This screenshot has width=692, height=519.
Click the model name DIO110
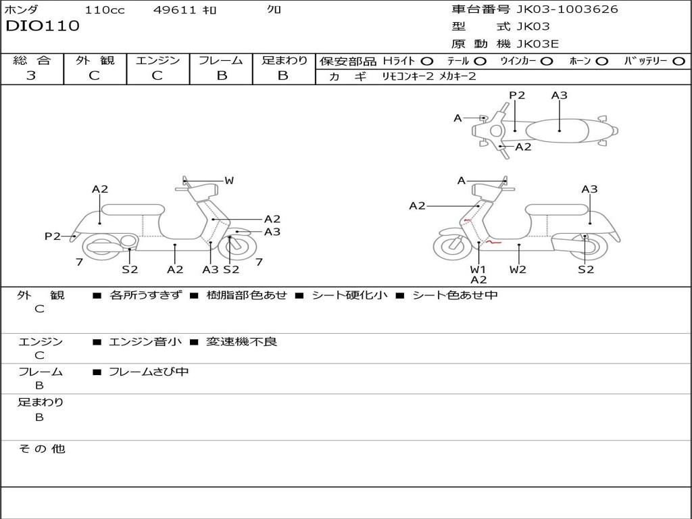[43, 26]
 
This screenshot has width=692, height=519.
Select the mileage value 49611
[174, 9]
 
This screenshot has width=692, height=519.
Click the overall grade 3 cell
[31, 76]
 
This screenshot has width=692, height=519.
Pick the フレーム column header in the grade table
[221, 60]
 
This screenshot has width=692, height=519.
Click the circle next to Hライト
[426, 61]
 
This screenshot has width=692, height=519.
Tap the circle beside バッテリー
[678, 61]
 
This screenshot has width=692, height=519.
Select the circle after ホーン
[602, 61]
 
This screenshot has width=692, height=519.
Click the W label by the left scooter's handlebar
[229, 180]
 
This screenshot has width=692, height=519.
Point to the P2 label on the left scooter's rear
[53, 236]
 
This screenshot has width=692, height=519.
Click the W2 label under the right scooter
[518, 269]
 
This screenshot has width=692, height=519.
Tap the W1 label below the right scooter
[478, 269]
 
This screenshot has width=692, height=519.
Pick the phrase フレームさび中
[149, 372]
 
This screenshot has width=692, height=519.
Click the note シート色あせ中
[455, 295]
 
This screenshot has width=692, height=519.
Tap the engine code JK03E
[538, 44]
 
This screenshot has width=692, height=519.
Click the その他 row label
[41, 449]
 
